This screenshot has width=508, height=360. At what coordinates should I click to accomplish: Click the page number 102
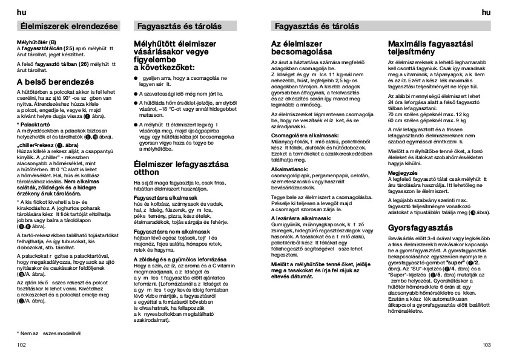pyautogui.click(x=22, y=344)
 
